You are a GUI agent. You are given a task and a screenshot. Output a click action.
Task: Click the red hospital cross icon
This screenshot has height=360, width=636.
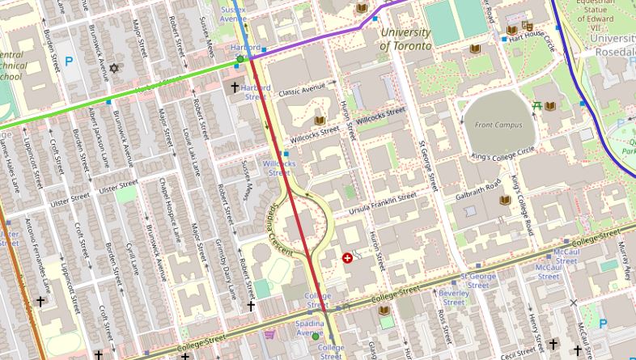(348, 258)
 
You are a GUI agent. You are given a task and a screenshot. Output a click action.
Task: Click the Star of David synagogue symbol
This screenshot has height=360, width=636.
(114, 69)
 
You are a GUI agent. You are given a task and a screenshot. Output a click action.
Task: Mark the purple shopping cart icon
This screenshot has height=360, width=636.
(269, 333)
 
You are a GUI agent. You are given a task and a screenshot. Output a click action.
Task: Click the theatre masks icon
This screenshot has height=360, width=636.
(528, 25)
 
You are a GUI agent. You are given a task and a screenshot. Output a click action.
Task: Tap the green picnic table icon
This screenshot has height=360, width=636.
(536, 106)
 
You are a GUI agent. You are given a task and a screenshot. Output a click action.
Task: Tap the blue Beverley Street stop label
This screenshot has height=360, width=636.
(454, 298)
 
